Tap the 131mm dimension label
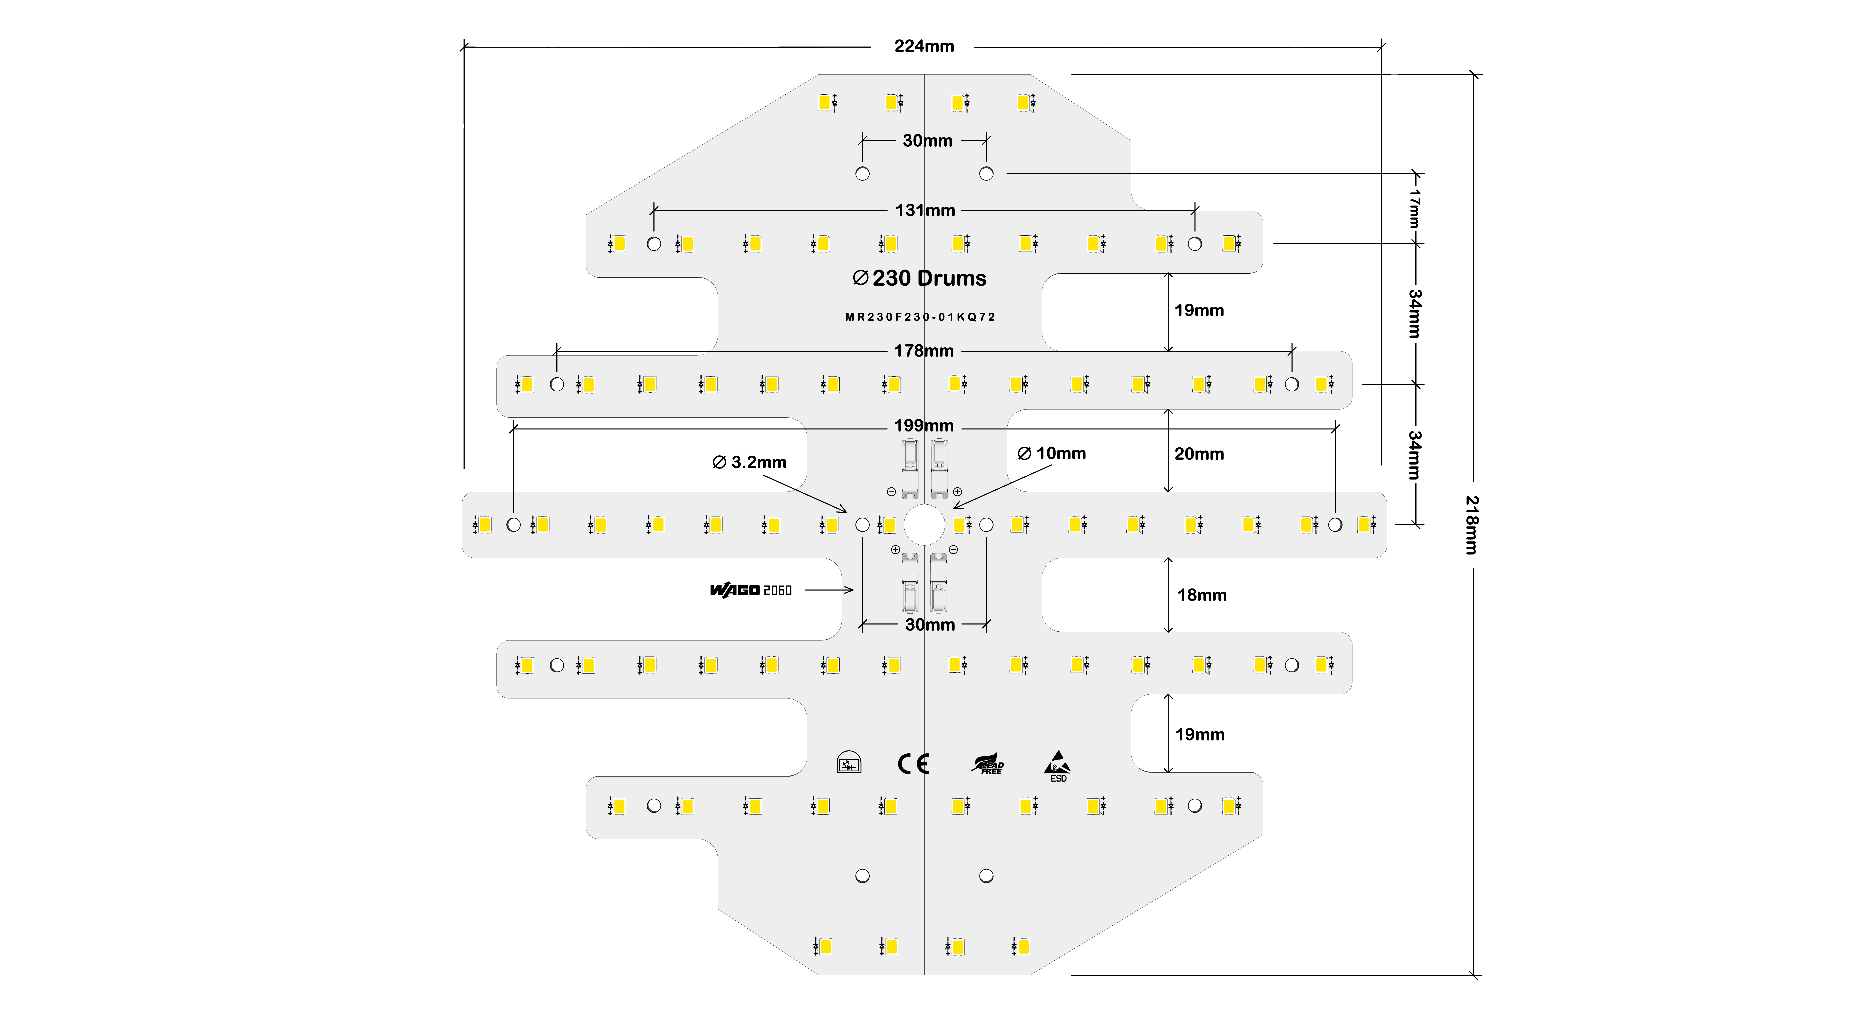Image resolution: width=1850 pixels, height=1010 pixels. coord(925,210)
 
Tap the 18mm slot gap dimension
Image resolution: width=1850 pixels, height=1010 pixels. coord(1202,595)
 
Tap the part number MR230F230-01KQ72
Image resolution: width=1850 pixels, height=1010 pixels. coord(920,317)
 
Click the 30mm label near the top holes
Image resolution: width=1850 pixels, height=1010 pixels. coord(927,141)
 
